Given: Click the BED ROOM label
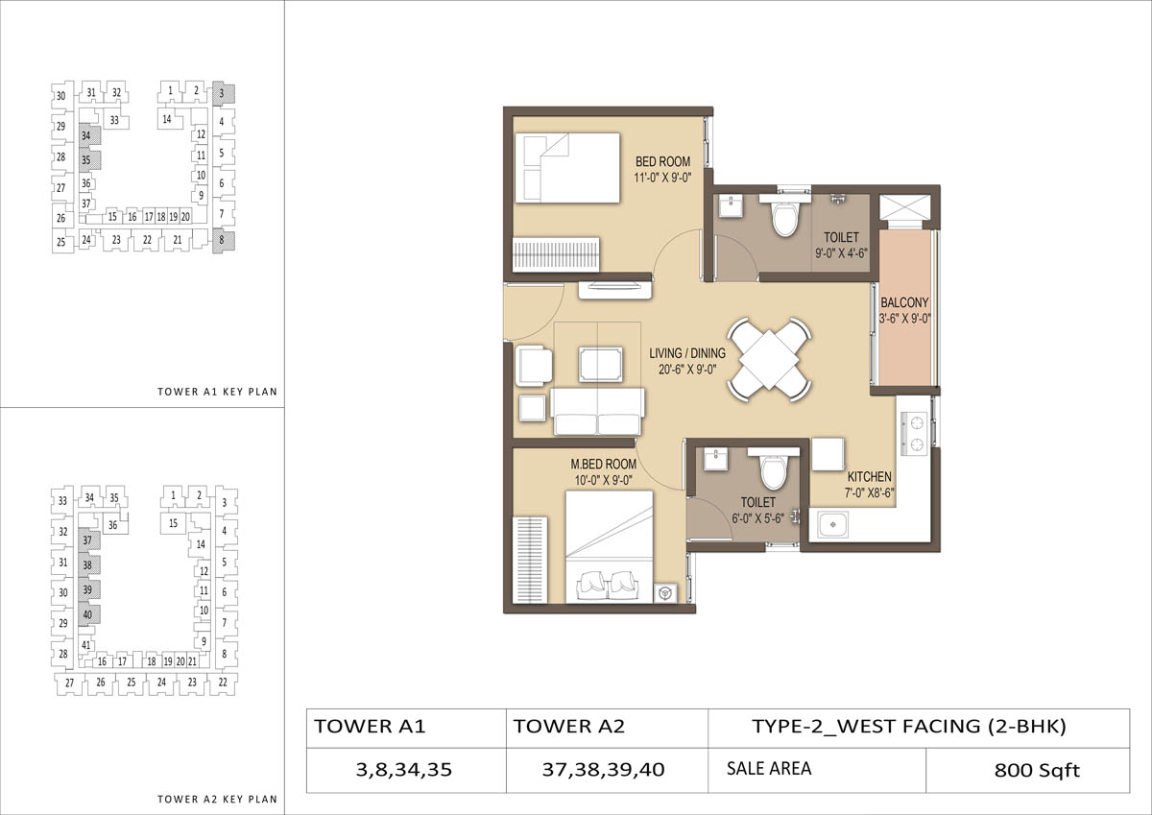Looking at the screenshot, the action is tap(662, 161).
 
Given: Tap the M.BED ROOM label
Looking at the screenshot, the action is tap(603, 464).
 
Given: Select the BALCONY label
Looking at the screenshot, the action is tap(904, 302).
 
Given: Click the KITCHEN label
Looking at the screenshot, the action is tap(870, 477).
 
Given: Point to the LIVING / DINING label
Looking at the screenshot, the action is tap(687, 353).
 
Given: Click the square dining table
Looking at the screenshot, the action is tap(769, 359).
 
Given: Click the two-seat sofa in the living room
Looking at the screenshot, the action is tap(597, 412).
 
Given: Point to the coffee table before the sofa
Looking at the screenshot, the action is tap(600, 365).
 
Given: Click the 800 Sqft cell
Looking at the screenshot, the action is tap(1027, 770).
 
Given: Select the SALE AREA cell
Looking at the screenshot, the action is tap(817, 770).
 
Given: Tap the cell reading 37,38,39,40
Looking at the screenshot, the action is tap(607, 770).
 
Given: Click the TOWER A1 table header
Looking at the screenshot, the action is tap(406, 728).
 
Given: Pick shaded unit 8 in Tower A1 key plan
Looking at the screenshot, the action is tap(224, 241).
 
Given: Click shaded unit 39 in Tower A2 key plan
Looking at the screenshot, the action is tap(89, 589).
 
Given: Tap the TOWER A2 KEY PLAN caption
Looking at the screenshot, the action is tap(217, 799).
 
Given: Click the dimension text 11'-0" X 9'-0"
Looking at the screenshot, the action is tap(662, 178).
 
